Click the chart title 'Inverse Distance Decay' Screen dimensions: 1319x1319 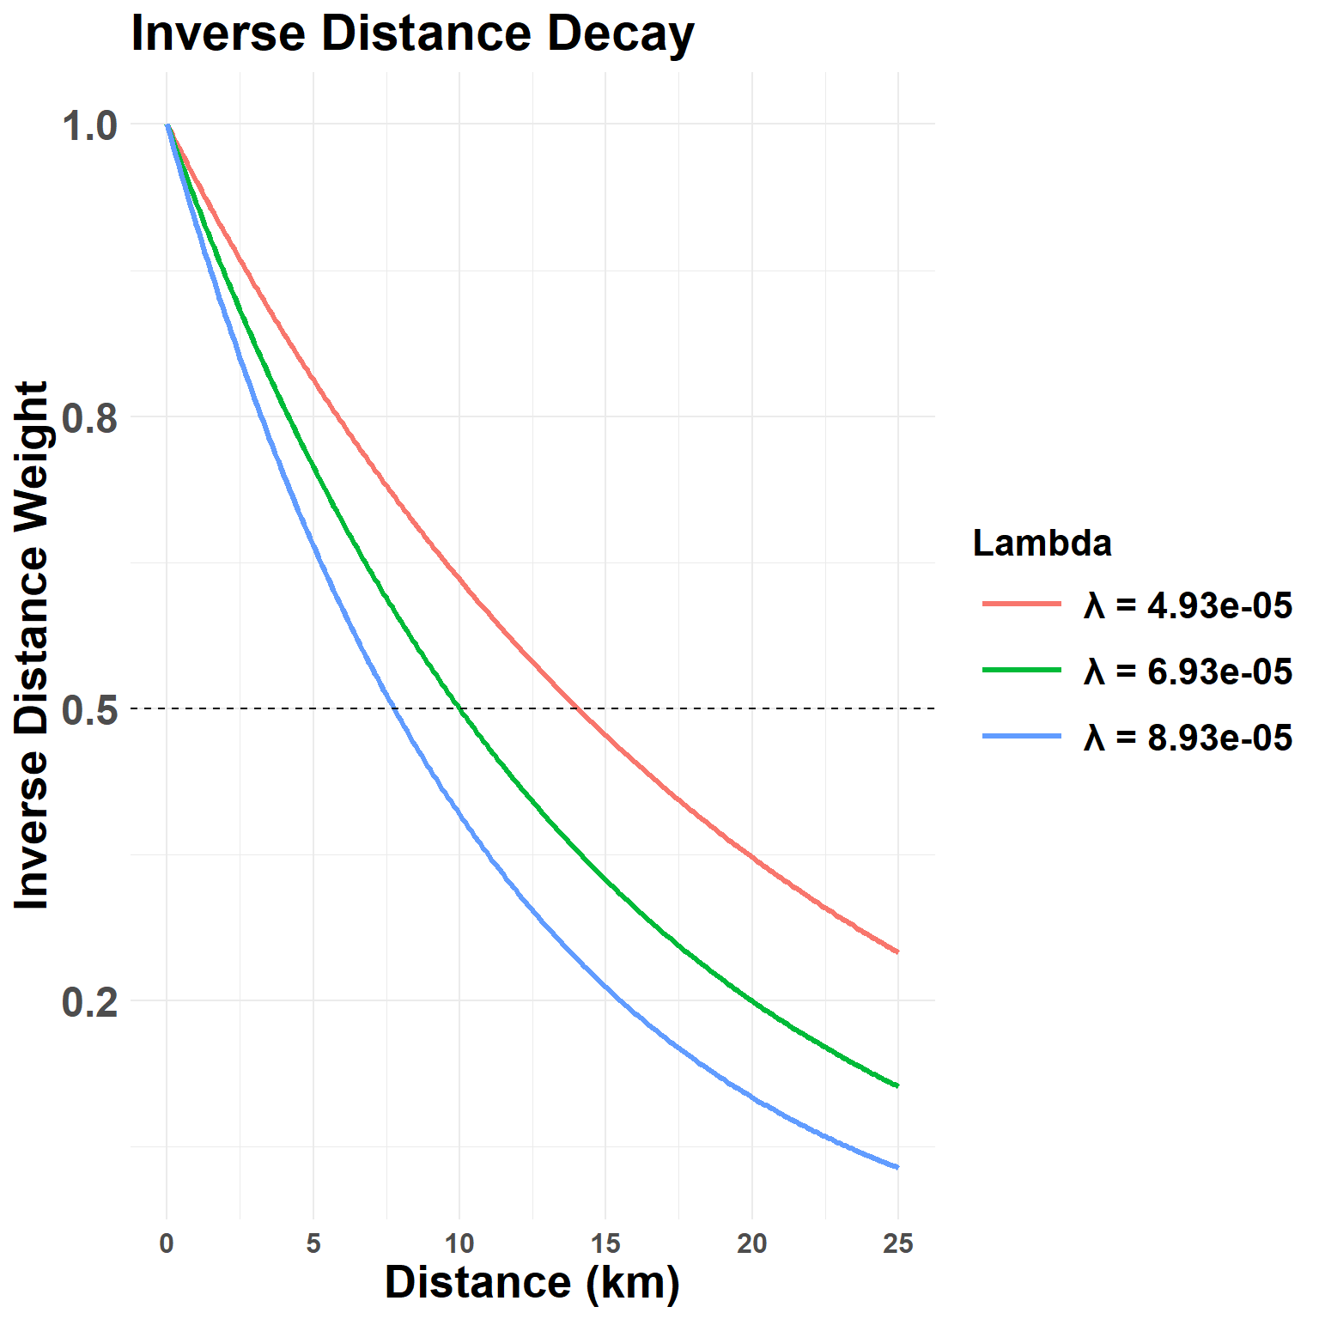pyautogui.click(x=412, y=35)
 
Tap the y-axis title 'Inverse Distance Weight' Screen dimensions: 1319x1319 pyautogui.click(x=33, y=646)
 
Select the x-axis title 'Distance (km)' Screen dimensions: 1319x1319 pyautogui.click(x=532, y=1283)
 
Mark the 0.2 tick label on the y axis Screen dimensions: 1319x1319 pyautogui.click(x=89, y=1001)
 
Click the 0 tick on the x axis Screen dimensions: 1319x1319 pyautogui.click(x=167, y=1243)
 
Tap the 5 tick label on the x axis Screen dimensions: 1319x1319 pyautogui.click(x=313, y=1243)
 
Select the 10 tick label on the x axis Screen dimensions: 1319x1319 pyautogui.click(x=459, y=1243)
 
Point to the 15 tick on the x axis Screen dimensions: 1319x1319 pyautogui.click(x=605, y=1243)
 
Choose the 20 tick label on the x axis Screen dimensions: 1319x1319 pyautogui.click(x=752, y=1243)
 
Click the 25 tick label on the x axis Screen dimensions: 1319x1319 pyautogui.click(x=898, y=1243)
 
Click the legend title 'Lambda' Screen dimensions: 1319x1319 pyautogui.click(x=1042, y=543)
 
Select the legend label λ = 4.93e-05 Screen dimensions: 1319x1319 pyautogui.click(x=1188, y=605)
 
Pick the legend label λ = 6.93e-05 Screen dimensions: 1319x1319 pyautogui.click(x=1188, y=672)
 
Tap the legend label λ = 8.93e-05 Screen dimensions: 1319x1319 pyautogui.click(x=1188, y=738)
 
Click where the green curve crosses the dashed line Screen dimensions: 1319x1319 pyautogui.click(x=459, y=708)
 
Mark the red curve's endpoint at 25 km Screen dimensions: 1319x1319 pyautogui.click(x=898, y=952)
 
